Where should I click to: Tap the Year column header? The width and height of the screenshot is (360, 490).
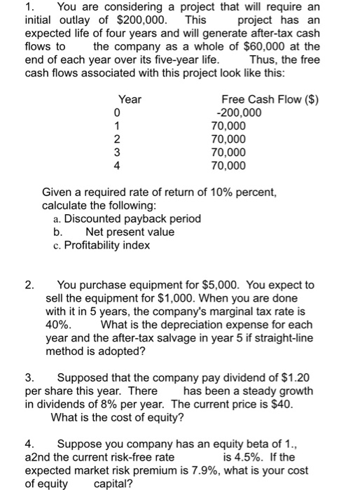point(130,100)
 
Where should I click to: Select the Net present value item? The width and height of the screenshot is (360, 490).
point(130,232)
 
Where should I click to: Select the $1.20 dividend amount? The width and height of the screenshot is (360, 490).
point(293,378)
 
